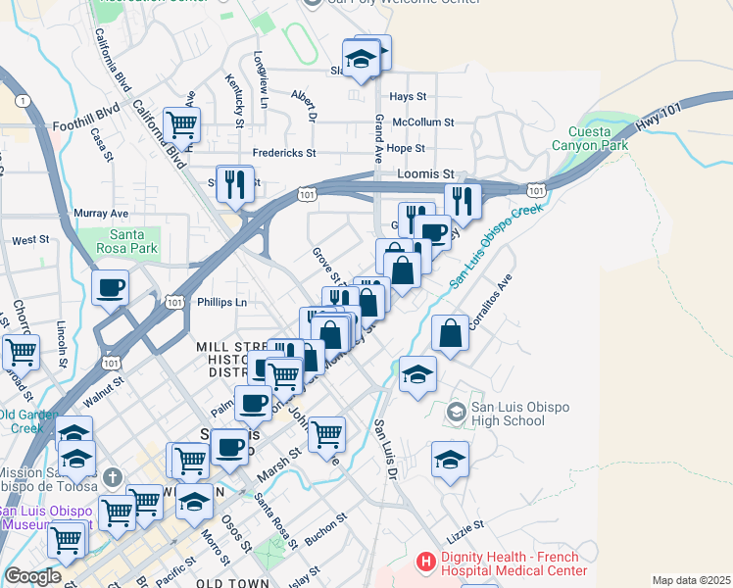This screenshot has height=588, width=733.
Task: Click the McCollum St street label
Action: [423, 122]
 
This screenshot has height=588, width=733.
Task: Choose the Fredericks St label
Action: [284, 153]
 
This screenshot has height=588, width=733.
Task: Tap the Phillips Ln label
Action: [221, 303]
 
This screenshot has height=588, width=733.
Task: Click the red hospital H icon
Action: [425, 562]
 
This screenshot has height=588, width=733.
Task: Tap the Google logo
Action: [31, 576]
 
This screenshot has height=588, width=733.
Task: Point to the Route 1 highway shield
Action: [21, 101]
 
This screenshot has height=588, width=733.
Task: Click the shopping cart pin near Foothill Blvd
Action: [181, 124]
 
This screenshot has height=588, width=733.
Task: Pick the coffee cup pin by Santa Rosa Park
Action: [111, 287]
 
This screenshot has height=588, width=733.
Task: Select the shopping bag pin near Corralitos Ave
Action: [450, 333]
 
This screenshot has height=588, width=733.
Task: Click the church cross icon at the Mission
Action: [113, 477]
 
